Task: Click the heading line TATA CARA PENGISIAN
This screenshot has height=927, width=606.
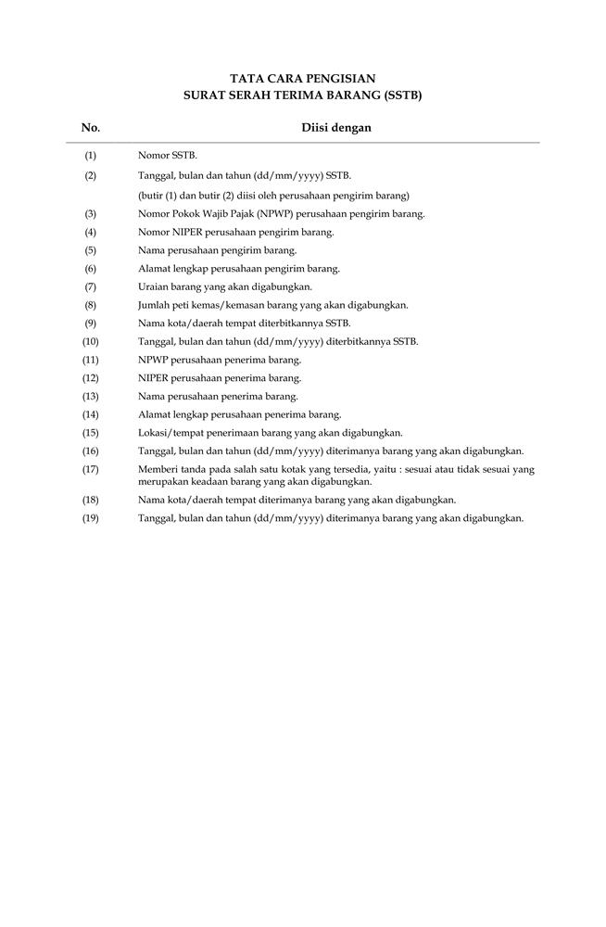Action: tap(303, 79)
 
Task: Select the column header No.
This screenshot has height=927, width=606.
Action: tap(91, 128)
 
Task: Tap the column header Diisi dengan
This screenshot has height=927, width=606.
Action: tap(336, 128)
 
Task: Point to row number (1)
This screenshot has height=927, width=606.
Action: tap(91, 156)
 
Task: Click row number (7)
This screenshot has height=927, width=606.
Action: tap(91, 286)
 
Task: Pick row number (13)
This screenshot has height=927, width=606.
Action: tap(91, 396)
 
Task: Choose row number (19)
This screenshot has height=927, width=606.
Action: tap(91, 518)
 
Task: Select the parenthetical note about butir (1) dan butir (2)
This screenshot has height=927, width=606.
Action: tap(273, 196)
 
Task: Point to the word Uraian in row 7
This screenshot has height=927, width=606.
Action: tap(153, 286)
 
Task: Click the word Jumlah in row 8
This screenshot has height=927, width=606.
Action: tap(155, 305)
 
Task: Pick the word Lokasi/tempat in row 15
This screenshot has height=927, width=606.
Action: tap(167, 433)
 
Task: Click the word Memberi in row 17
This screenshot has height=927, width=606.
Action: tap(157, 470)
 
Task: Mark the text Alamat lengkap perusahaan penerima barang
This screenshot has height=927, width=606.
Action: tap(239, 414)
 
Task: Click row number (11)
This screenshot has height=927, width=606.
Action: tap(91, 360)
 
